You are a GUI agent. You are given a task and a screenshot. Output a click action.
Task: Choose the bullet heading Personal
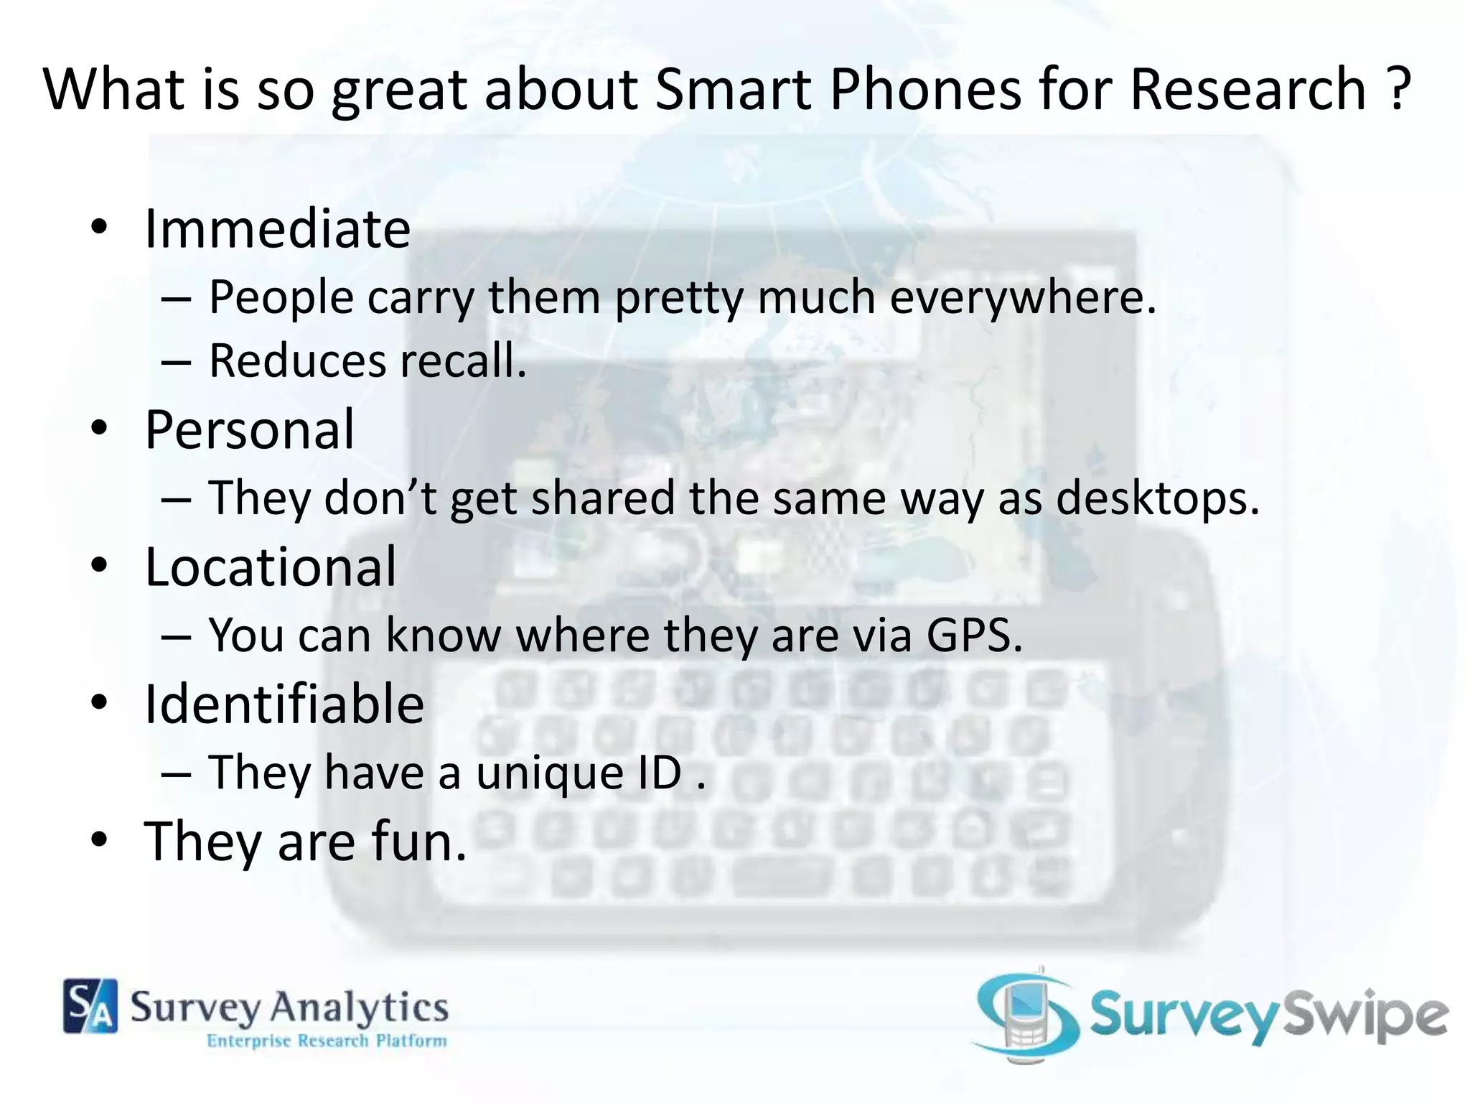(x=250, y=429)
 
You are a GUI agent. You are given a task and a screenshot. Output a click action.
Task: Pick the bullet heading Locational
(x=271, y=567)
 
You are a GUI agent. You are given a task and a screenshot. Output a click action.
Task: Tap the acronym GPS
(x=974, y=635)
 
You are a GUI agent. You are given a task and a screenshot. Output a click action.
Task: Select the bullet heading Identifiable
(x=284, y=704)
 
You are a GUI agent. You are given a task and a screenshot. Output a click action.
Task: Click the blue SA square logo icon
(x=90, y=1006)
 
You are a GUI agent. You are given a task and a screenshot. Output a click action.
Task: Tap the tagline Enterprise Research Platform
(x=327, y=1041)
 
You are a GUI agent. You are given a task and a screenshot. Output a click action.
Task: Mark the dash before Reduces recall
(x=176, y=362)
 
